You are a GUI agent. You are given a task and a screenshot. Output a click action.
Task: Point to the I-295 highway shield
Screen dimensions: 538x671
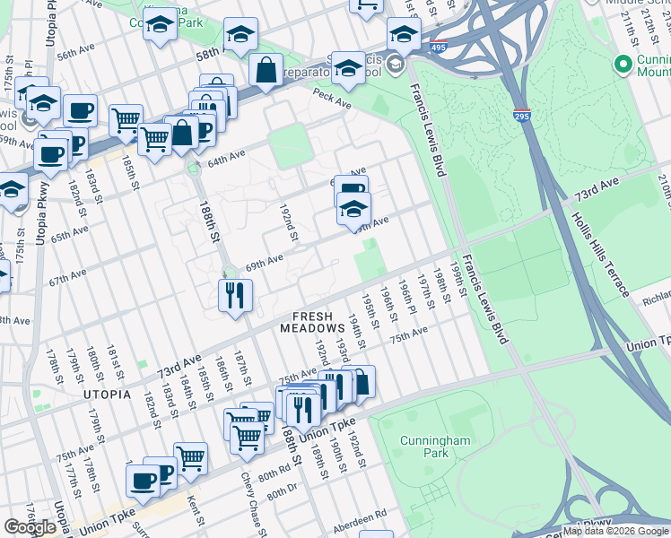(x=522, y=116)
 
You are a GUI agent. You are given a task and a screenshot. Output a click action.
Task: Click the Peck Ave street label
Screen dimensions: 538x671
(x=331, y=99)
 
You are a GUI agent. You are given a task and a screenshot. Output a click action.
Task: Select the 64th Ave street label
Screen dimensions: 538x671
(x=226, y=159)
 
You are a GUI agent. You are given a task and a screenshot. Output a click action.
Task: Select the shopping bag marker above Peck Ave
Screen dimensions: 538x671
(x=267, y=70)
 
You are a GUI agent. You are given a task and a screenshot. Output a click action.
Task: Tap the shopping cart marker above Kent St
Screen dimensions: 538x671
(x=190, y=457)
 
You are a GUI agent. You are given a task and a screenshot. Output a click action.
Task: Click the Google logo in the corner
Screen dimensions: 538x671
(x=30, y=528)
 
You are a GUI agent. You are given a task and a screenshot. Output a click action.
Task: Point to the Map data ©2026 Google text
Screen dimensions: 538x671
(x=614, y=531)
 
